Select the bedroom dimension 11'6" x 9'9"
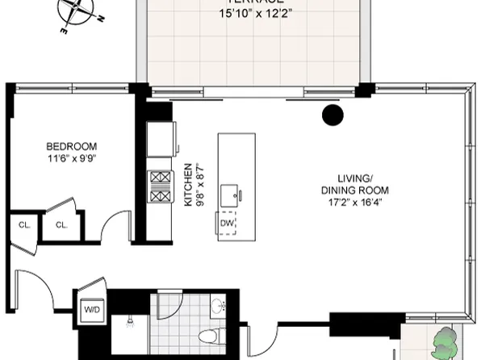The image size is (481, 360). pos(71,158)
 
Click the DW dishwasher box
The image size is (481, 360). pos(227,223)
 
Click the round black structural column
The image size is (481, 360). pos(332,115)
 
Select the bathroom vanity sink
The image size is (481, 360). pos(216,308)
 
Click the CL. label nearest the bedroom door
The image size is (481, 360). pos(61,225)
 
